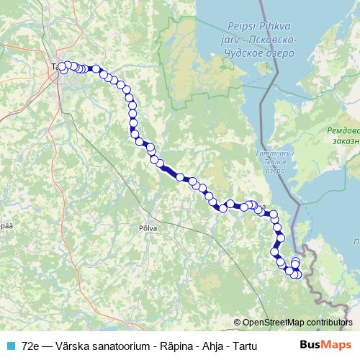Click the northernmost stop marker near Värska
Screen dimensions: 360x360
click(x=295, y=261)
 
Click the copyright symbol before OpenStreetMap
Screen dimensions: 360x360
click(x=237, y=323)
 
